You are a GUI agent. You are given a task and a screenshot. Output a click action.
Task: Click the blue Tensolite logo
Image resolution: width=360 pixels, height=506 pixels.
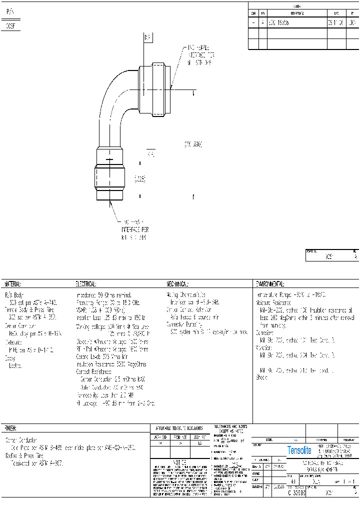[x=299, y=450]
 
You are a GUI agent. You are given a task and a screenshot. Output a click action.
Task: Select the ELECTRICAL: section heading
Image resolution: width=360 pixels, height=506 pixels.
[x=85, y=283]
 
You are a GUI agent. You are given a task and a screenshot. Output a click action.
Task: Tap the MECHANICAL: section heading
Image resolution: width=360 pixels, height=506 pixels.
[x=178, y=283]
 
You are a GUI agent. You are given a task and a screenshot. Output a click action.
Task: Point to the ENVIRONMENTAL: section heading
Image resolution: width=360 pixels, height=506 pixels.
[x=270, y=283]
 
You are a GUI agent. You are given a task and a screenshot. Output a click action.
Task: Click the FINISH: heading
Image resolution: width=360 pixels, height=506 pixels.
[x=10, y=428]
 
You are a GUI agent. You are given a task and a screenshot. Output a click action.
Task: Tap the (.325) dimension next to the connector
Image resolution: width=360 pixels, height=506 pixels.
[x=139, y=178]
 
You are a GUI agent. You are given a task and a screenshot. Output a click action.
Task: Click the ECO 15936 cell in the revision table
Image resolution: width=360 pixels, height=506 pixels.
[x=279, y=23]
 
